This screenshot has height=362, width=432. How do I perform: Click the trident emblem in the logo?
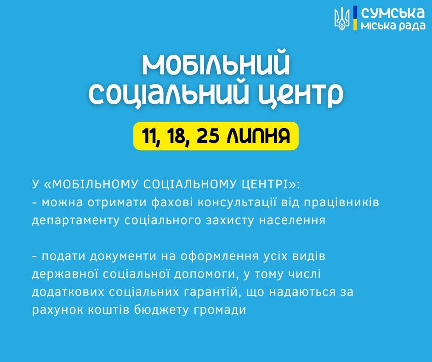(341, 19)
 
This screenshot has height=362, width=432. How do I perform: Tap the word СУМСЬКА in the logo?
(393, 13)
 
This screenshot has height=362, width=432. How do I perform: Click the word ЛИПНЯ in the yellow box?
(258, 136)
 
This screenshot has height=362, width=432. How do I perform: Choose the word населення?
(293, 221)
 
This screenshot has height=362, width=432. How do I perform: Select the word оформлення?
(220, 257)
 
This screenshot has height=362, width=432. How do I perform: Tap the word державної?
(65, 274)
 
